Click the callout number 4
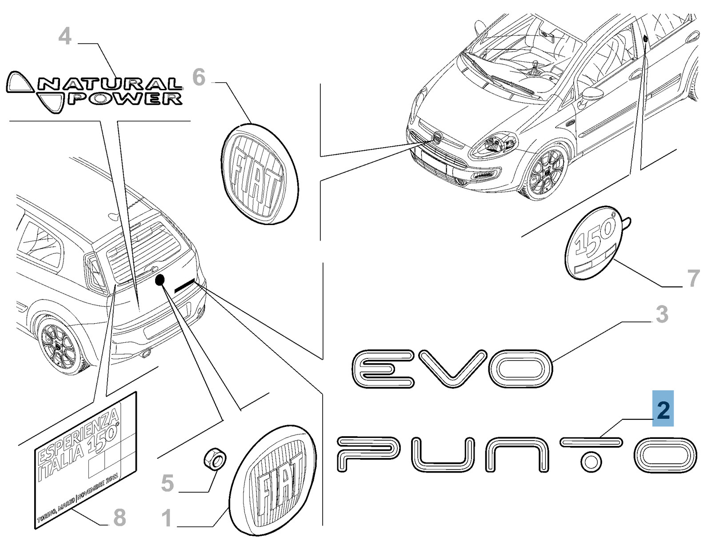(65, 36)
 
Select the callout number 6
(199, 78)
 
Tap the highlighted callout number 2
(663, 409)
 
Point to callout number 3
(662, 315)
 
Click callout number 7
(693, 278)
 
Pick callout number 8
(120, 518)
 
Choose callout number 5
(167, 483)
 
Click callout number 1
(167, 518)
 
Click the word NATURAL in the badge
(109, 84)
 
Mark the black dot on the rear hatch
(160, 280)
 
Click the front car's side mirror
(591, 94)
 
